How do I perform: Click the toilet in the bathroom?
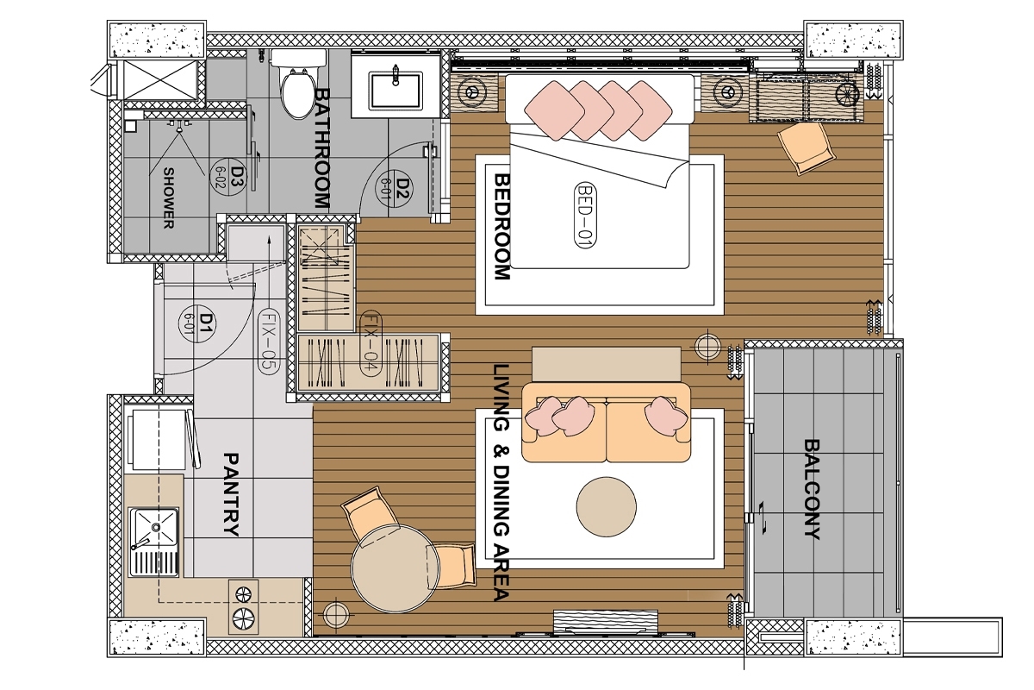(298, 84)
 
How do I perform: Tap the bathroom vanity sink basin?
(396, 91)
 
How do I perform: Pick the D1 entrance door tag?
(197, 323)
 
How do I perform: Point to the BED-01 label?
(585, 216)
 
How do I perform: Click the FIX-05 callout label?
(268, 341)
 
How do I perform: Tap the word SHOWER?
(169, 198)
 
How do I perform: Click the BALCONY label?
(812, 489)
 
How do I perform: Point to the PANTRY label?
(231, 494)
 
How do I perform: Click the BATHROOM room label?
(322, 148)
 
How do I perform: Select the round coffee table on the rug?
(606, 506)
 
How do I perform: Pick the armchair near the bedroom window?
(806, 147)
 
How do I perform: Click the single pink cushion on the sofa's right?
(665, 415)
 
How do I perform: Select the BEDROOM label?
(502, 227)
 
